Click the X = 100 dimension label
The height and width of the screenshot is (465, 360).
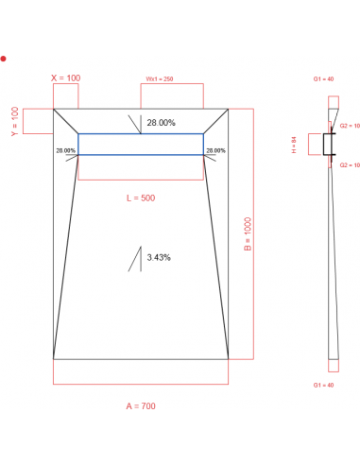click(65, 77)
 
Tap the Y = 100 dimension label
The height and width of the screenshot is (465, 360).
click(14, 121)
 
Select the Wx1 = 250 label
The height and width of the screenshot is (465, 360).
click(159, 78)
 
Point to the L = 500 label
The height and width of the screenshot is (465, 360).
click(140, 198)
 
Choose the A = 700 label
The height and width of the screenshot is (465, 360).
click(140, 406)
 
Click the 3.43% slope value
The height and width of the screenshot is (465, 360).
click(159, 257)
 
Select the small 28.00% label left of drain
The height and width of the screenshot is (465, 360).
click(66, 150)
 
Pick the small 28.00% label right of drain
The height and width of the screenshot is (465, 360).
click(215, 150)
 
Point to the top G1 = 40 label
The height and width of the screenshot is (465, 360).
click(323, 78)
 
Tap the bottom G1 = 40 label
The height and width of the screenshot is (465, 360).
click(323, 386)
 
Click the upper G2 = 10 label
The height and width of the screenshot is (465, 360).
click(349, 126)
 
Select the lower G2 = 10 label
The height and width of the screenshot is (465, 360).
click(349, 164)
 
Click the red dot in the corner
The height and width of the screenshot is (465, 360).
click(4, 59)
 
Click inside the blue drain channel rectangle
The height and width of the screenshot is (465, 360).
click(140, 144)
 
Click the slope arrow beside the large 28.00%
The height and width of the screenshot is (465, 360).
click(138, 123)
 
